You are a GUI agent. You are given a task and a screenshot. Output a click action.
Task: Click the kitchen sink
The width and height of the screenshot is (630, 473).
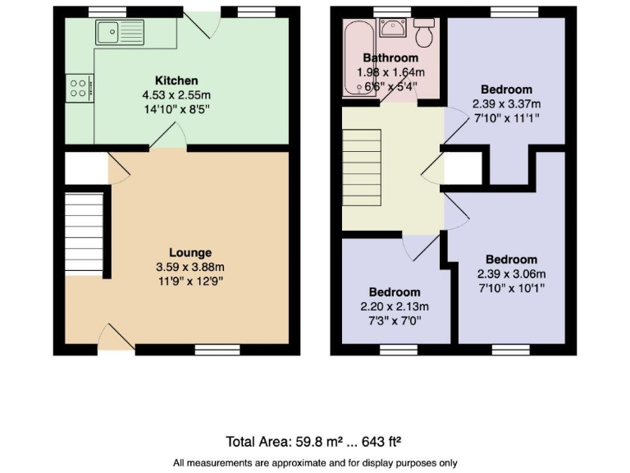[x=119, y=34]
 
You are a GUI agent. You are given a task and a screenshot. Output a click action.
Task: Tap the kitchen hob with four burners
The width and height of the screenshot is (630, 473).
[x=80, y=87]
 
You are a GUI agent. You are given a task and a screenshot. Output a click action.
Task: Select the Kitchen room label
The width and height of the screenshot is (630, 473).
[x=176, y=80]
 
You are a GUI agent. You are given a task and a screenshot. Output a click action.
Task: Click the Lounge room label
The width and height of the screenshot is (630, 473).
[x=190, y=253]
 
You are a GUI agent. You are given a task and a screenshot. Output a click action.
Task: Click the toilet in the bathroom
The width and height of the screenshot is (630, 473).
[x=425, y=32]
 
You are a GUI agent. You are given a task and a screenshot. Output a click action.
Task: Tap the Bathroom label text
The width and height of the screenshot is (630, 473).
[x=390, y=58]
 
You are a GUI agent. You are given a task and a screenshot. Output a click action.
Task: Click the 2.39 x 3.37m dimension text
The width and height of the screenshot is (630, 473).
[x=506, y=103]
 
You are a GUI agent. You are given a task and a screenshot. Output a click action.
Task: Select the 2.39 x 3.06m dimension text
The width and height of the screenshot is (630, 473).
[x=511, y=274]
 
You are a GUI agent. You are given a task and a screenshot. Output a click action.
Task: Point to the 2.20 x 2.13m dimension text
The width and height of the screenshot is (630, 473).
[x=395, y=307]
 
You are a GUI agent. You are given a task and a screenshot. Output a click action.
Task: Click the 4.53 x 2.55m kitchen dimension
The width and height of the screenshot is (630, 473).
[x=176, y=95]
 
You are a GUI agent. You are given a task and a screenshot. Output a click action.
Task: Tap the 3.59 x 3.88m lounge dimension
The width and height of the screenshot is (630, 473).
[x=190, y=267]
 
